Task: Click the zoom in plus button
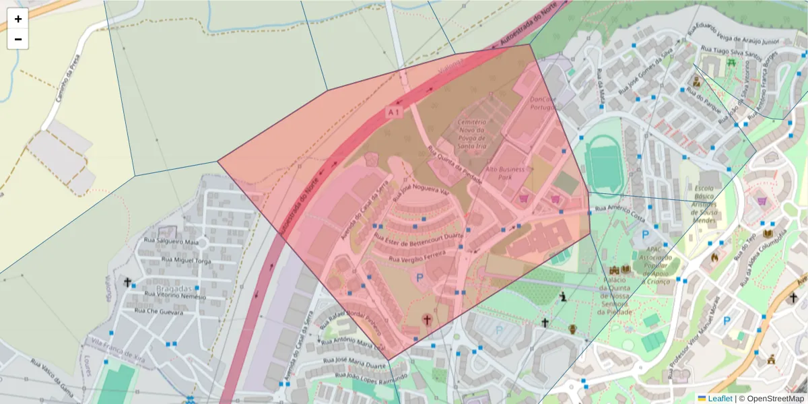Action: coord(18,19)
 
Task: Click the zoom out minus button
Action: coord(18,39)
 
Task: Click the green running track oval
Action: coord(603,164)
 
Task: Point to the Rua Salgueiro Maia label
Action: coord(172,241)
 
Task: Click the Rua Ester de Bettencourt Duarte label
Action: coord(419,237)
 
